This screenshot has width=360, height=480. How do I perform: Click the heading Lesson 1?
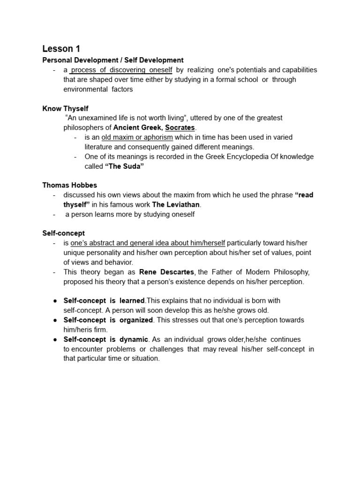point(58,49)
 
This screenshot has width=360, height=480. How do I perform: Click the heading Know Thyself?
point(65,108)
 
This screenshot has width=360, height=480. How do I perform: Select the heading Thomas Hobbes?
point(69,185)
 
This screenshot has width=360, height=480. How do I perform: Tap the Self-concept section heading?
point(63,233)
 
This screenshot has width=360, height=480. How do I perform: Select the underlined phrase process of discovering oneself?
point(121,70)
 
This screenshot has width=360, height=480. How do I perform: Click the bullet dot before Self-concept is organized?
point(54,320)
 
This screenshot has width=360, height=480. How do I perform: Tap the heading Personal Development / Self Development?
point(113,60)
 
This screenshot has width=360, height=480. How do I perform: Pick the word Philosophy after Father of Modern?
point(291,272)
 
